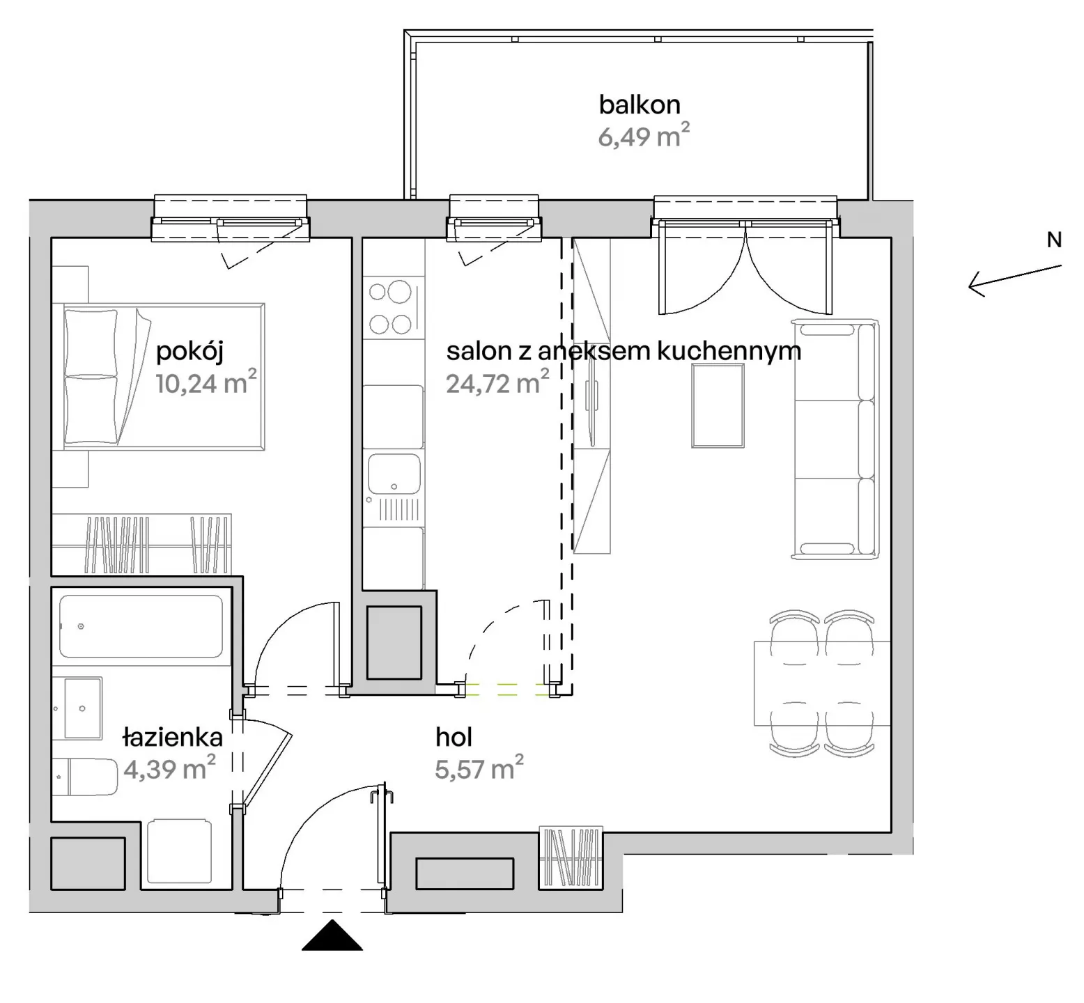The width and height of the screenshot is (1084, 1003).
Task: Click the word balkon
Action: [x=640, y=104]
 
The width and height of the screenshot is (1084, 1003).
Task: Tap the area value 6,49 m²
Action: [x=644, y=135]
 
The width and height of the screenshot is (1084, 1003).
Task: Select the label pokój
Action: [x=189, y=352]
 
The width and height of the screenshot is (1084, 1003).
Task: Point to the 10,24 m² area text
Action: [x=206, y=382]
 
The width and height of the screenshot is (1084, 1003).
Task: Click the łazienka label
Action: [x=172, y=736]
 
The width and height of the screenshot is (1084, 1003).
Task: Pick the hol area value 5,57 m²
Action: [x=479, y=768]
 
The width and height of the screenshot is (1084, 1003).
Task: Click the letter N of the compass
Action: [x=1054, y=240]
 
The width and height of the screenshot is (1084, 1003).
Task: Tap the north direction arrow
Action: [x=1015, y=280]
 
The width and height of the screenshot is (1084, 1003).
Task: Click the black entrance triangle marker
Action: [x=332, y=935]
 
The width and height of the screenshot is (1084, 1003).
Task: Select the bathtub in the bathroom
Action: [x=141, y=626]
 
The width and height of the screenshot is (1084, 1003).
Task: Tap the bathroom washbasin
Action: [x=83, y=708]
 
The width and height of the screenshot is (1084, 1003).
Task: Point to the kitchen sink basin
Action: [x=394, y=476]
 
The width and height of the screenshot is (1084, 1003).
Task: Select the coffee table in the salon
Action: [x=718, y=405]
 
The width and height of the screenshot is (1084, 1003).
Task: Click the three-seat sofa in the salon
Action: [x=835, y=439]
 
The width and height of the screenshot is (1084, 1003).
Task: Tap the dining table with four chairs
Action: [x=822, y=683]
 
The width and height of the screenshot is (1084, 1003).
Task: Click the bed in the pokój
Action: [x=164, y=376]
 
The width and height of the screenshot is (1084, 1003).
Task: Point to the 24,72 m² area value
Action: [x=497, y=382]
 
